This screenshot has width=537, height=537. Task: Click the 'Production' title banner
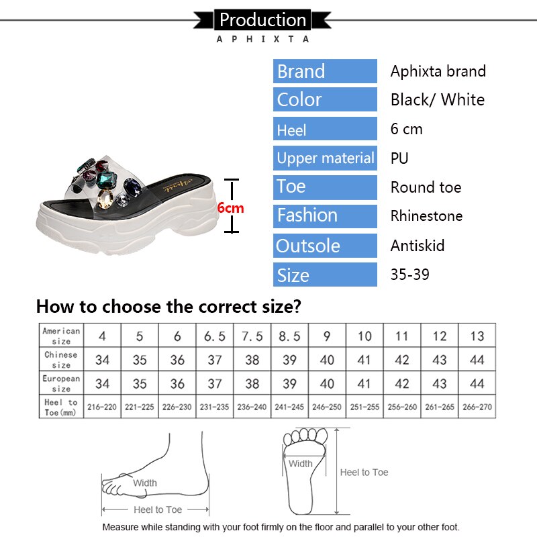tap(262, 19)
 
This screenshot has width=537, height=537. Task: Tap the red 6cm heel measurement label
tap(230, 208)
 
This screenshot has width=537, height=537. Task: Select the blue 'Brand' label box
tap(325, 71)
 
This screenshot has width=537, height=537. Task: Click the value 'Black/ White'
tap(437, 100)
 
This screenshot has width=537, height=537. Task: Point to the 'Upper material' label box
tap(325, 158)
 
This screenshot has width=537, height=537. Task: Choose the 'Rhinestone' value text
tap(426, 216)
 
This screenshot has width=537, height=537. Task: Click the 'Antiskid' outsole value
tap(417, 246)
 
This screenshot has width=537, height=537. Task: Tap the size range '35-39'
tap(409, 275)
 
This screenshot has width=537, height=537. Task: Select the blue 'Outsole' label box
tap(325, 246)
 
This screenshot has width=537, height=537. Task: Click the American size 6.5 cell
tap(214, 336)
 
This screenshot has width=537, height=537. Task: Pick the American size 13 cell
tap(477, 336)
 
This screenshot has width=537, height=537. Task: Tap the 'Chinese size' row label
tap(61, 360)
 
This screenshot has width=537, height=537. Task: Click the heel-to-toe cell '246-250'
tap(327, 407)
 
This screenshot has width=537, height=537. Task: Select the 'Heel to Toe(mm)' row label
tap(61, 407)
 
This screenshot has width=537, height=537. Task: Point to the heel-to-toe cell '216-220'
tap(102, 407)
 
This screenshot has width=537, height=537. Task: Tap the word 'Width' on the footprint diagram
tap(300, 464)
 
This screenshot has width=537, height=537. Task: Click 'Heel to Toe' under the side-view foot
tap(158, 509)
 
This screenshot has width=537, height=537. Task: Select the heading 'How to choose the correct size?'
tap(168, 307)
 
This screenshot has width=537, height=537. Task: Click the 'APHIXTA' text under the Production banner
tap(262, 39)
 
